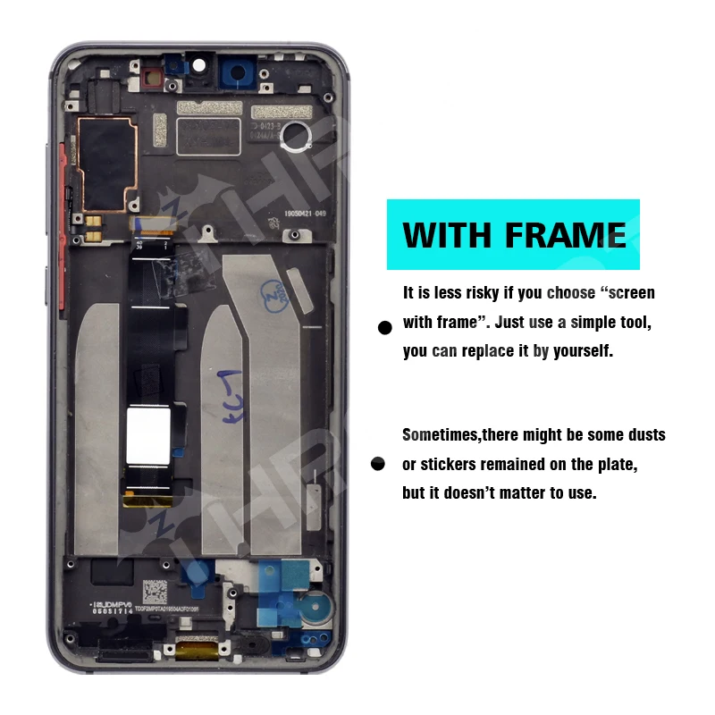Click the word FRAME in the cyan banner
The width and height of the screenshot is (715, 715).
click(x=565, y=234)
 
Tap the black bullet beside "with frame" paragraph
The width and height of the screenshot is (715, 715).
click(x=385, y=328)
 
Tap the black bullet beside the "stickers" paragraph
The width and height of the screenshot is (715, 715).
click(x=378, y=464)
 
